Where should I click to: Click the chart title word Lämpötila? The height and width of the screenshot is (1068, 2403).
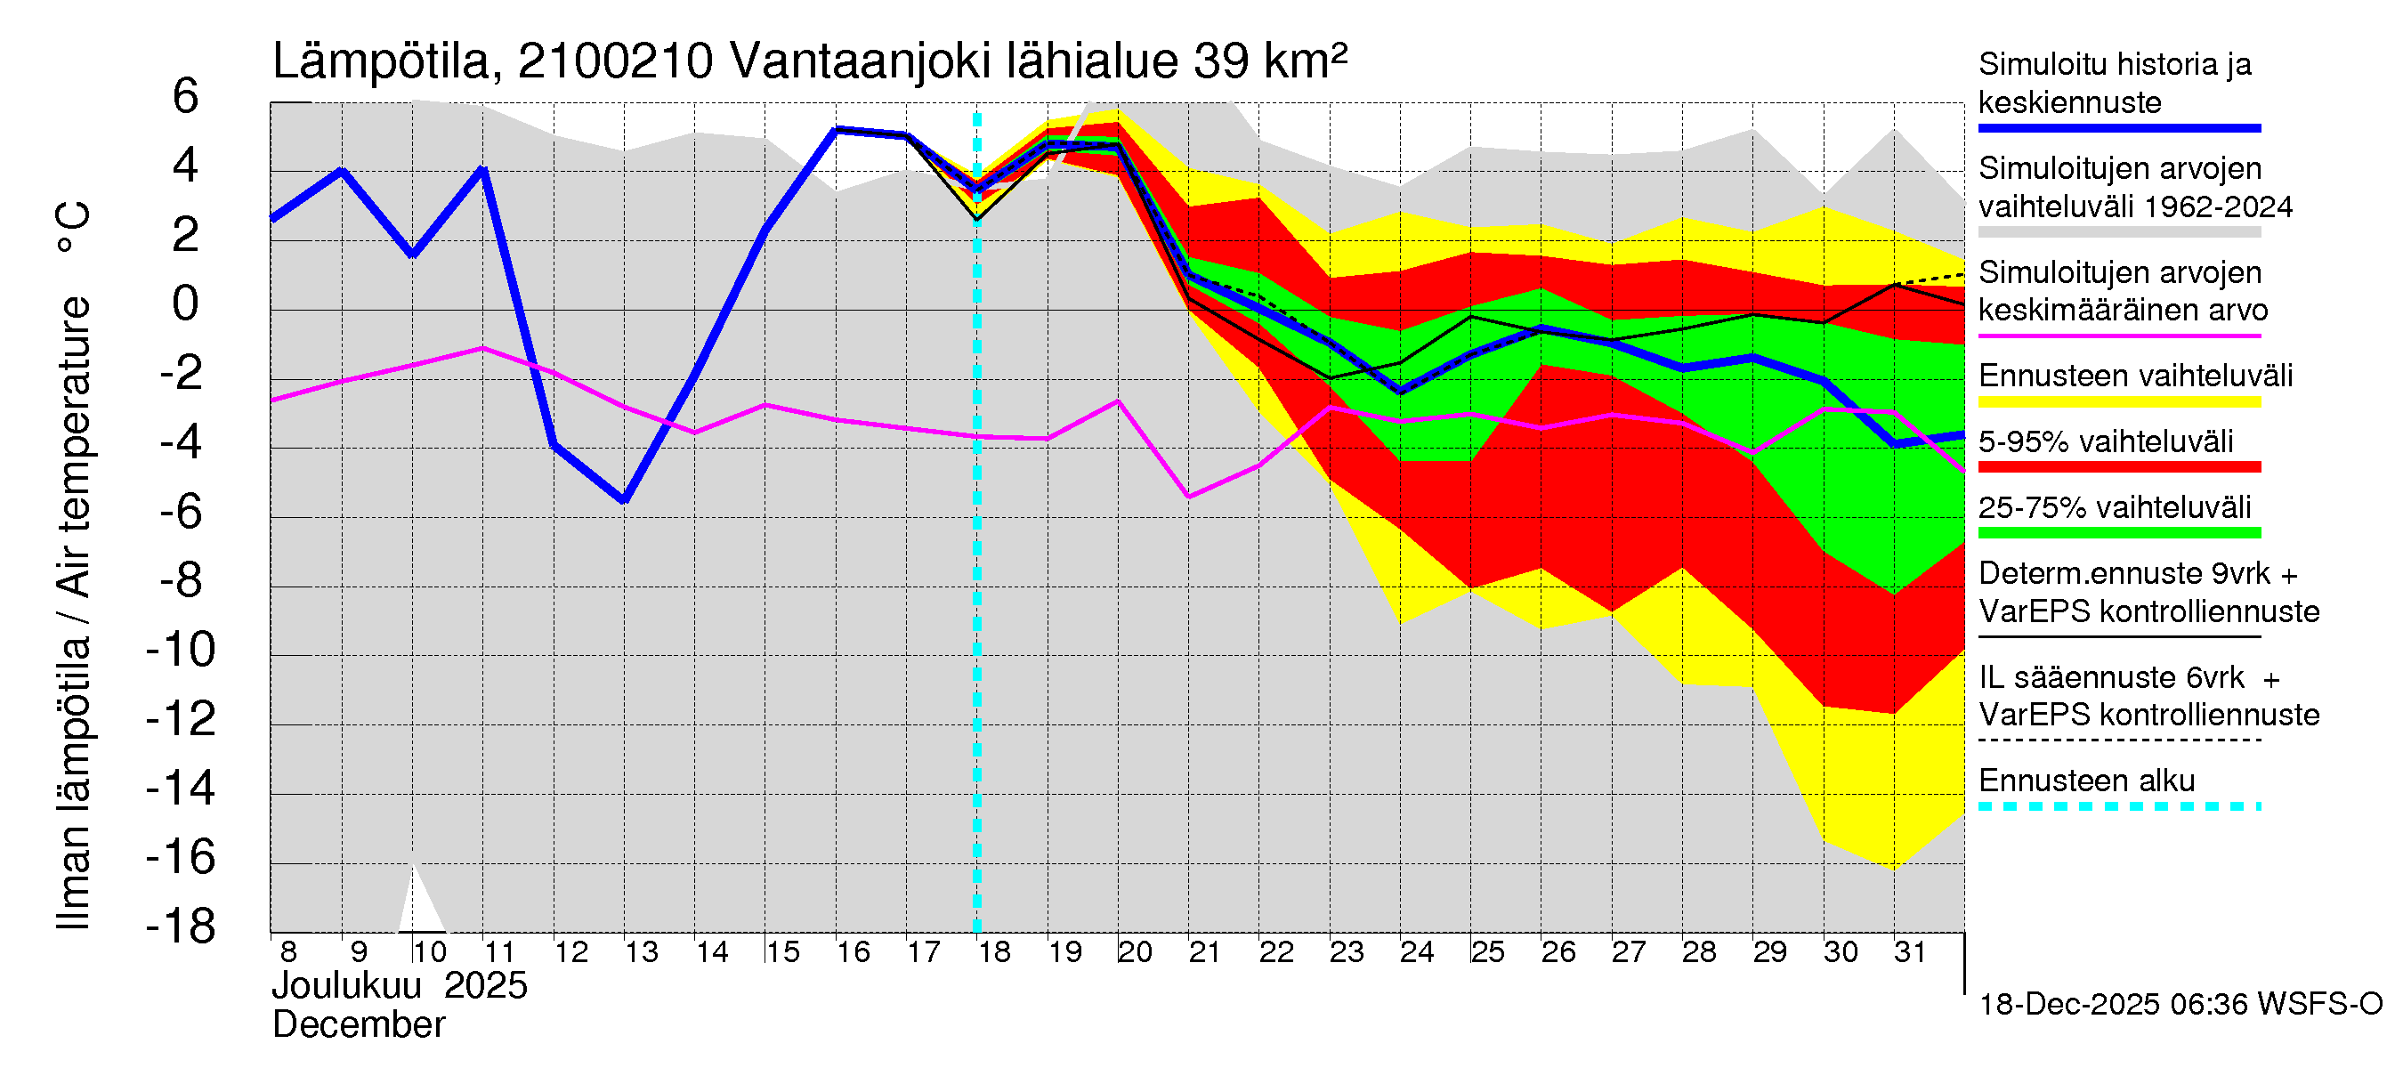coord(382,62)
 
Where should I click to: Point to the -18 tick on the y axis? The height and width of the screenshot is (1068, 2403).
coord(181,926)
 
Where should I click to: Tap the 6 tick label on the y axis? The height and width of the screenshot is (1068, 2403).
coord(186,96)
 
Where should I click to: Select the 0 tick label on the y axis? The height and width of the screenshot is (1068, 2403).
coord(186,304)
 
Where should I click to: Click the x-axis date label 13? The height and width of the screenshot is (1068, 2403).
coord(641,952)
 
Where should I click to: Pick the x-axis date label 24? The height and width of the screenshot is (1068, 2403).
coord(1416,952)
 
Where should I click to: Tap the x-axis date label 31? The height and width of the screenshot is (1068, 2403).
coord(1910,952)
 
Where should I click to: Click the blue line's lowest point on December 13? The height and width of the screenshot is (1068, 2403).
coord(624,501)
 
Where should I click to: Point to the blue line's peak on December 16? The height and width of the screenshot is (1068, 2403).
coord(837,130)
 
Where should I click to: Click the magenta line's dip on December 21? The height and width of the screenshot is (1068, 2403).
coord(1188,497)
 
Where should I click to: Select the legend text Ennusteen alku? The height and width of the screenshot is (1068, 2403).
coord(2087,781)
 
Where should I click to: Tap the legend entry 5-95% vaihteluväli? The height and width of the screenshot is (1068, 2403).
coord(2106,442)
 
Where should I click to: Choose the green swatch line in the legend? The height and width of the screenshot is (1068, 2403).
coord(2118,533)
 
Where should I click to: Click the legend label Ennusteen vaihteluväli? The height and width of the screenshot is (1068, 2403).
coord(2135,376)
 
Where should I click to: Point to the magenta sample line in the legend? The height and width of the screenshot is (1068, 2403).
coord(2118,336)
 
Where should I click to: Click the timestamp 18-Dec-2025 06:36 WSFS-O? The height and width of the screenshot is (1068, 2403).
coord(2180,1005)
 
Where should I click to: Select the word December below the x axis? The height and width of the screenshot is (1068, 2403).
coord(358,1025)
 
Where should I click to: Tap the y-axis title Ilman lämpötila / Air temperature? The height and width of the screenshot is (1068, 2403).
coord(74,565)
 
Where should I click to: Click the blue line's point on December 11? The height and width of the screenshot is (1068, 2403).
coord(483,169)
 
